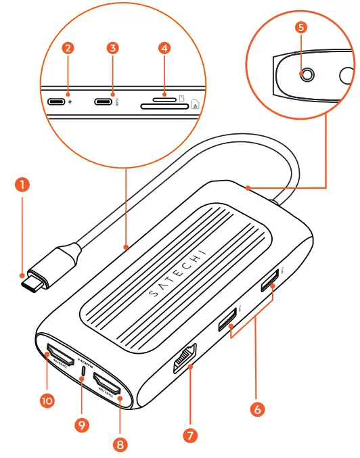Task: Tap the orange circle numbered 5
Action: coord(301,28)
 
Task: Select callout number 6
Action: coord(257,409)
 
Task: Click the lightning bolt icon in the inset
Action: coord(70,104)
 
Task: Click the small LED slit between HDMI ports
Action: coord(84,371)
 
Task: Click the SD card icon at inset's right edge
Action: coord(196,104)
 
